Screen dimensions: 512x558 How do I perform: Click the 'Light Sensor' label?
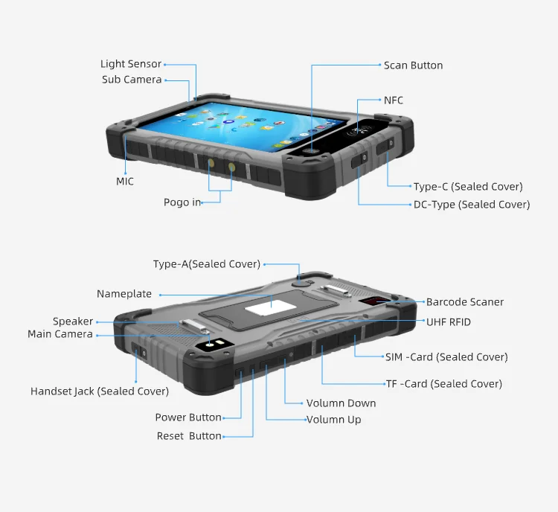pos(131,64)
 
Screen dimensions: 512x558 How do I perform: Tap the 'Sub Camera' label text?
pos(132,80)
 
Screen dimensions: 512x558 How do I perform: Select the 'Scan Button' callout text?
pos(413,65)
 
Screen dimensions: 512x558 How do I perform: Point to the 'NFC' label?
pos(394,100)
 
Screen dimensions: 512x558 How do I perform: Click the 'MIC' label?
pos(125,182)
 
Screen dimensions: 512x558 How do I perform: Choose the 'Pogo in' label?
pos(182,202)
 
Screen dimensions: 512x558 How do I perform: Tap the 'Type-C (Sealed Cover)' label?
pos(468,187)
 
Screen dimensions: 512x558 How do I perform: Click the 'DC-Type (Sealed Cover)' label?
pos(472,205)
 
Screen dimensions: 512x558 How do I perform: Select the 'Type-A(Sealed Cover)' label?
pos(207,264)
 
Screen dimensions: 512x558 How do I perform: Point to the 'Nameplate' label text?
pos(124,294)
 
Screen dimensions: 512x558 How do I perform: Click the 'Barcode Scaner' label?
pos(465,302)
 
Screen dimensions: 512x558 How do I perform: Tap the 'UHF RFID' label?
pos(449,322)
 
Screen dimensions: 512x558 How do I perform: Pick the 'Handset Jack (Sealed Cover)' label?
pos(100,391)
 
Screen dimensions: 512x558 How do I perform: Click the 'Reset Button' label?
pos(189,436)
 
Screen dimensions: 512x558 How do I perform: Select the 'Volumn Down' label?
pos(341,403)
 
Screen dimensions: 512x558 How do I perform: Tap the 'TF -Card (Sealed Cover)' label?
pos(443,384)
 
